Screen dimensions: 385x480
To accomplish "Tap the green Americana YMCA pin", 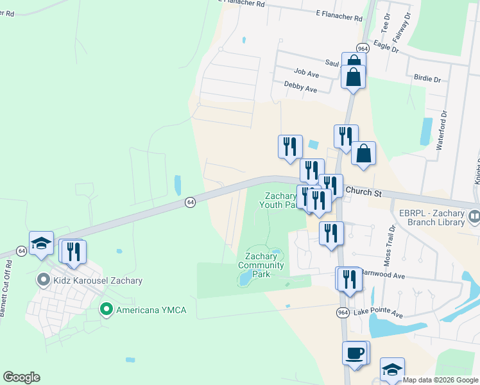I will (x=107, y=310).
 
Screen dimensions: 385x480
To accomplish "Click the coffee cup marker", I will (x=354, y=354).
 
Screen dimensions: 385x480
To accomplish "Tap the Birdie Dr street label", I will (x=427, y=80).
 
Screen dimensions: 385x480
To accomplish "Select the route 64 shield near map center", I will (x=190, y=201).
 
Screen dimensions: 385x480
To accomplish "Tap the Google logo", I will (x=21, y=377).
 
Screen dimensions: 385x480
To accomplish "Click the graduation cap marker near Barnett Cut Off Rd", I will (x=41, y=244).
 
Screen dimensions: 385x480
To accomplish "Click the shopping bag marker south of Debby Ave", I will (x=363, y=154).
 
